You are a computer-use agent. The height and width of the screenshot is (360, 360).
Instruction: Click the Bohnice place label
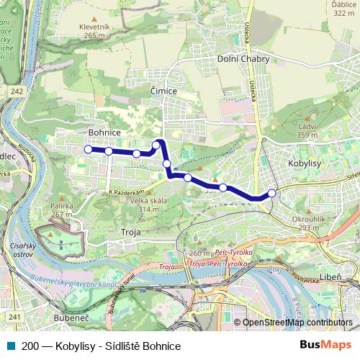pos(104,132)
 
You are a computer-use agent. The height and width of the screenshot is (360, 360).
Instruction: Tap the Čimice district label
pos(163,91)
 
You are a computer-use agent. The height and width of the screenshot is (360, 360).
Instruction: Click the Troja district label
pos(130,233)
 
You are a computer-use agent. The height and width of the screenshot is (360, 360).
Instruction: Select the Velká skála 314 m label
pos(148,204)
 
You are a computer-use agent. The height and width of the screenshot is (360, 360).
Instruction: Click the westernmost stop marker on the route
pos(88,149)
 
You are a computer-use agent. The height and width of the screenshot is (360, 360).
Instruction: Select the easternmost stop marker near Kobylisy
pos(271,193)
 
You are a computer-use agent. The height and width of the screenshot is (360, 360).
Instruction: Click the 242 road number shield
pos(17,91)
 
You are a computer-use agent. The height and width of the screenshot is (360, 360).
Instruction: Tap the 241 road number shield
pos(15,315)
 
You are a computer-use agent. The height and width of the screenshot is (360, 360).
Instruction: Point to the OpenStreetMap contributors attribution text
pos(297,323)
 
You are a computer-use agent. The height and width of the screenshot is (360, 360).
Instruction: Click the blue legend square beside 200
pos(10,346)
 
